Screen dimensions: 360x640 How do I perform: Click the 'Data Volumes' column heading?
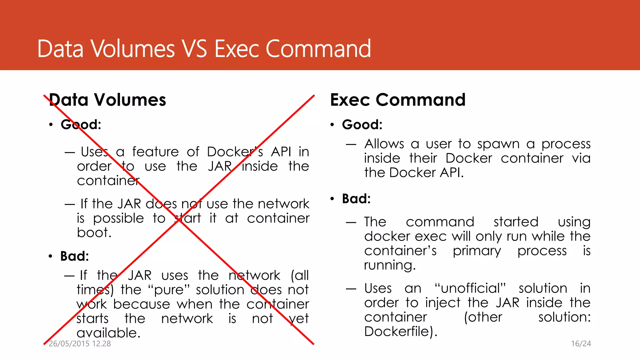click(x=107, y=100)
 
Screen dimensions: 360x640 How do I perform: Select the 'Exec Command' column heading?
click(x=398, y=100)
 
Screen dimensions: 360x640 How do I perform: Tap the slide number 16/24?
click(x=581, y=344)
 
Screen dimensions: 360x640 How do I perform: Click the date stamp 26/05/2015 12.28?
click(x=80, y=344)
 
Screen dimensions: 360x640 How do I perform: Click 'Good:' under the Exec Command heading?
click(x=362, y=125)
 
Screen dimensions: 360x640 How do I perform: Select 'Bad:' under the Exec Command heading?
click(x=356, y=199)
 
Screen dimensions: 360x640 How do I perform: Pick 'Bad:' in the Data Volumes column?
click(x=75, y=256)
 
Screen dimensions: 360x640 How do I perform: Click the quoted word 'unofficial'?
click(x=470, y=288)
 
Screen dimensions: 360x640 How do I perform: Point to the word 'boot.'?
click(x=94, y=233)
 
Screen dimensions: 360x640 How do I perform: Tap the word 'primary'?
click(x=477, y=251)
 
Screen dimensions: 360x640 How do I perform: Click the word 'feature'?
click(x=155, y=152)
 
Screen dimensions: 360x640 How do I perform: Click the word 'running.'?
click(x=390, y=265)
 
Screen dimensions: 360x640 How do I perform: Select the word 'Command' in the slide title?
click(x=318, y=49)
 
